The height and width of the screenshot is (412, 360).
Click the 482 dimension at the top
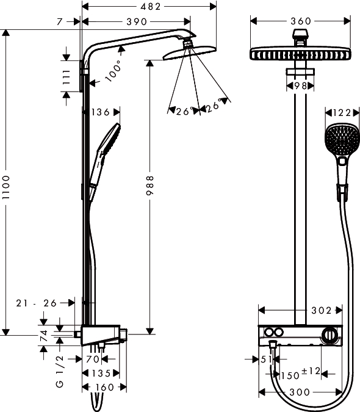click(x=150, y=7)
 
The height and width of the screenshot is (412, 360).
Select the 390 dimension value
click(x=137, y=21)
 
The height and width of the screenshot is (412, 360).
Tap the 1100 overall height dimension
click(x=5, y=187)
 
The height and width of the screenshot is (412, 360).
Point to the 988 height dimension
click(x=149, y=185)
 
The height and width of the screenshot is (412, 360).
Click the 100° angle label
click(x=113, y=70)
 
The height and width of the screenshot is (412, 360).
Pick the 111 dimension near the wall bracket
click(x=67, y=77)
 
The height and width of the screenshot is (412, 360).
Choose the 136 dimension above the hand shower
click(x=100, y=112)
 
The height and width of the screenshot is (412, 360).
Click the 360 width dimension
click(x=301, y=21)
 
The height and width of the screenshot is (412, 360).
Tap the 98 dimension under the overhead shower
click(x=301, y=85)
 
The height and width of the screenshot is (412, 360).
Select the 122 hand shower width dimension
click(x=342, y=113)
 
